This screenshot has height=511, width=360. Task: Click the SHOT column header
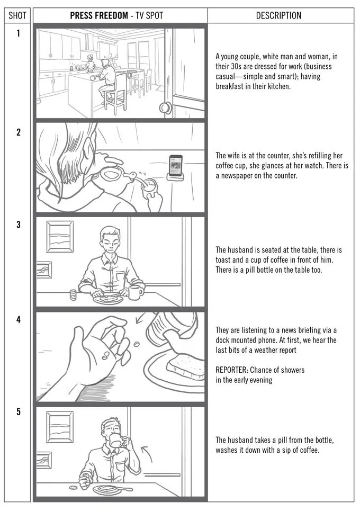tap(18, 15)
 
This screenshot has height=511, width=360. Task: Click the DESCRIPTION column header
tap(278, 15)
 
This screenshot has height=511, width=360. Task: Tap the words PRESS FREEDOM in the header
tap(98, 15)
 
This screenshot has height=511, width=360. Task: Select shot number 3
tap(18, 225)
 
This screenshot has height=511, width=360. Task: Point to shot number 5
tap(18, 412)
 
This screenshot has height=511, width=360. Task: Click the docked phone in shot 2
tap(176, 168)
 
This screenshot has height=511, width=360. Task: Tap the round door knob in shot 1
tap(166, 107)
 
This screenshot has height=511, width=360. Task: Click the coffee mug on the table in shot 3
tap(136, 292)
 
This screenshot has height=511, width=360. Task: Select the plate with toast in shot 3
tap(107, 300)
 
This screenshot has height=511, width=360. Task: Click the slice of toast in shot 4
tap(185, 365)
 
